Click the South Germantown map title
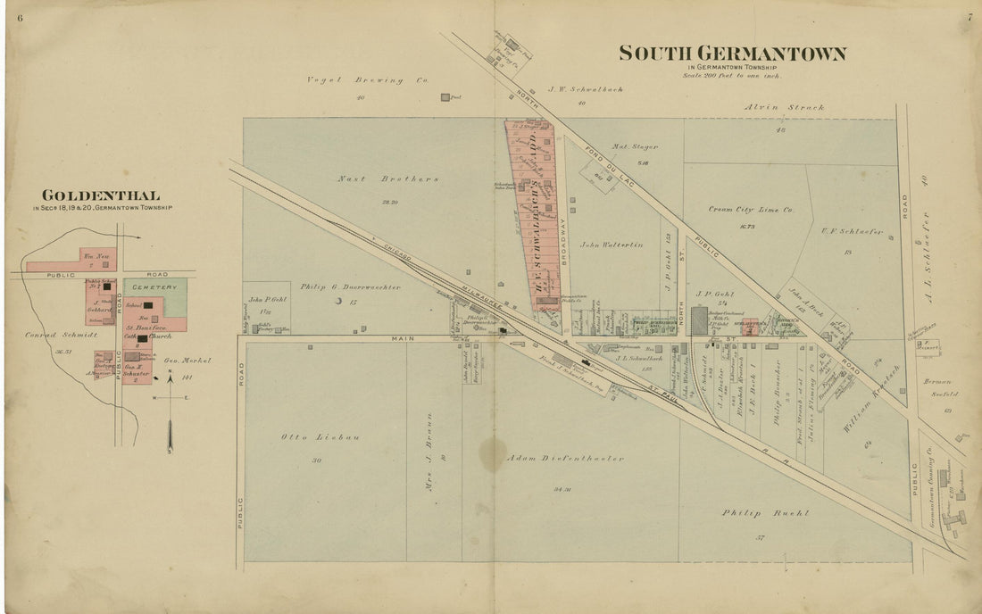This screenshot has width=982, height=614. [x=733, y=54]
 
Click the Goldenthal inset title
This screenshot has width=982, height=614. [x=101, y=195]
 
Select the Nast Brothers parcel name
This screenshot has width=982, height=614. [x=388, y=178]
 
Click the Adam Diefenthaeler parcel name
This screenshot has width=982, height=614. [x=565, y=458]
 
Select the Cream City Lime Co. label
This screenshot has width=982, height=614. [x=751, y=210]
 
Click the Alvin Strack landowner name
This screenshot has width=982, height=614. [x=786, y=107]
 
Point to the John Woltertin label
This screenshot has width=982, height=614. [x=612, y=245]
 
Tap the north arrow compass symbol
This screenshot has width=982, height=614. [x=170, y=419]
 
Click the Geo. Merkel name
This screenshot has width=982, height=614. [x=187, y=361]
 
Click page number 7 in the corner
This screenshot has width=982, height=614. [x=970, y=17]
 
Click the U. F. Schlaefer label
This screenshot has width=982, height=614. [x=852, y=232]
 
